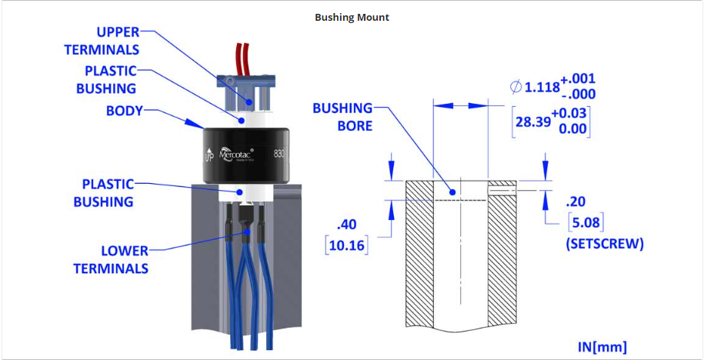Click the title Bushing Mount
tap(352, 17)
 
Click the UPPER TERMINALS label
tap(112, 41)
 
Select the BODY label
tap(125, 111)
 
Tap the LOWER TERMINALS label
tap(112, 259)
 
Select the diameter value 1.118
tap(542, 88)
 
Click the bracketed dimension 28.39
tap(533, 122)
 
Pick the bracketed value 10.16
tap(348, 246)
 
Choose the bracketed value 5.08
tap(584, 224)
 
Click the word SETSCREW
tap(605, 245)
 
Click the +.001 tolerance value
tap(578, 79)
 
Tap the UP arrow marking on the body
tap(208, 157)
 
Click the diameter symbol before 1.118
tap(515, 88)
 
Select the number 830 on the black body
tap(280, 152)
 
